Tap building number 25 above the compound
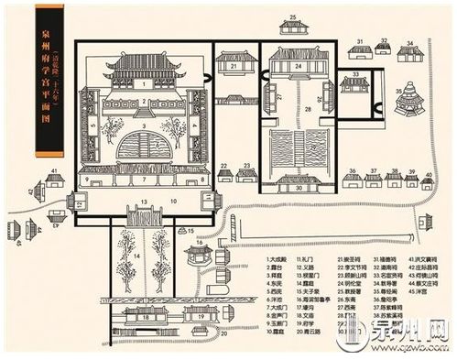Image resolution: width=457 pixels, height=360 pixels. click(x=293, y=25)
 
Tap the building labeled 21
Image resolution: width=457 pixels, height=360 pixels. click(x=234, y=65)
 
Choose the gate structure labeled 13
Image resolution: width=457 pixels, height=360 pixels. click(x=145, y=214)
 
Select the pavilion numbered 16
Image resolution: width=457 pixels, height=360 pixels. click(x=196, y=256)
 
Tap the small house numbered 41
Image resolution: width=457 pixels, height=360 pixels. click(x=55, y=179)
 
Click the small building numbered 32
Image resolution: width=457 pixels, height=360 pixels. click(x=384, y=47)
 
